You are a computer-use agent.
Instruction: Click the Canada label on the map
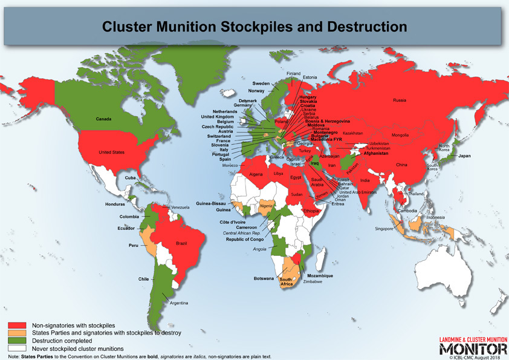tap(103, 119)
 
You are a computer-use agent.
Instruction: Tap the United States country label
tap(111, 152)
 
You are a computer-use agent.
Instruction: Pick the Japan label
tap(464, 156)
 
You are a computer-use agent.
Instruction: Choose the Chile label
tap(143, 279)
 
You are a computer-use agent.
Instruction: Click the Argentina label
tap(179, 303)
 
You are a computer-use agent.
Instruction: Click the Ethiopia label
tap(312, 211)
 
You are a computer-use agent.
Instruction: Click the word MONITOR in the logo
tap(473, 349)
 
